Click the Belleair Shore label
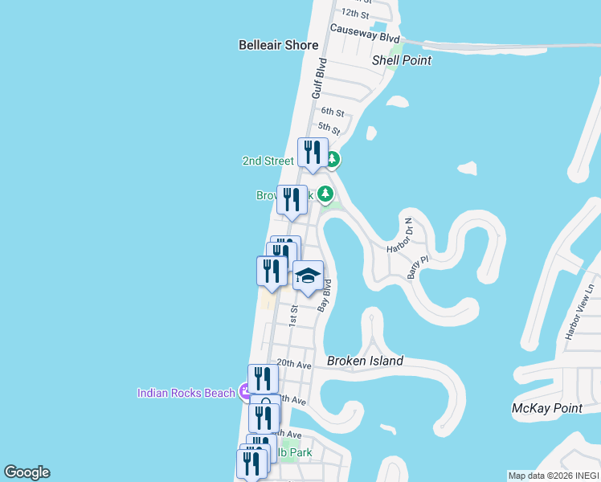[278, 45]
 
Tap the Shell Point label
[402, 60]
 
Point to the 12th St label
[354, 14]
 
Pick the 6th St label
[332, 112]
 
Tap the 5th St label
[329, 128]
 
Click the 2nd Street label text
[268, 161]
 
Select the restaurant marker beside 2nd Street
[313, 153]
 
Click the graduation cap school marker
[308, 276]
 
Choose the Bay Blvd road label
[325, 296]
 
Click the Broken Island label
[365, 361]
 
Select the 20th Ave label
[293, 364]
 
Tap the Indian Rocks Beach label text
[186, 393]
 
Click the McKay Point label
[546, 409]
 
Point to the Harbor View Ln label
[581, 311]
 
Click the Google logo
[27, 472]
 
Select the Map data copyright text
[553, 476]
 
